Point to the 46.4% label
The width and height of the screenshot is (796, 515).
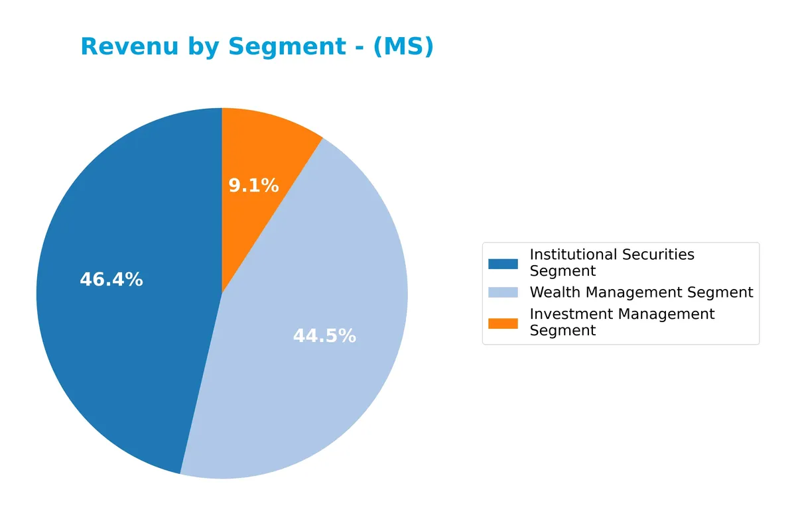[x=111, y=280]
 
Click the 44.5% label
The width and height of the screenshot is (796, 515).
[x=324, y=336]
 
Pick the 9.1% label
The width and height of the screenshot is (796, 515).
[x=253, y=186]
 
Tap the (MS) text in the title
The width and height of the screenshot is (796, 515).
[x=403, y=47]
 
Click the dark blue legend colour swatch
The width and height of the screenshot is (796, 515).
[x=503, y=264]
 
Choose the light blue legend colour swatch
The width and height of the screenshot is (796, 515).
[x=503, y=292]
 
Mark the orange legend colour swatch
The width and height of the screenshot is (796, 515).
[x=503, y=323]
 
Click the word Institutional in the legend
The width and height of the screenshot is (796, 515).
[x=571, y=255]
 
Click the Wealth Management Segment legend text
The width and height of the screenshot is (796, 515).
[x=641, y=292]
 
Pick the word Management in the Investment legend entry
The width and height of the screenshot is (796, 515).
[x=663, y=314]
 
